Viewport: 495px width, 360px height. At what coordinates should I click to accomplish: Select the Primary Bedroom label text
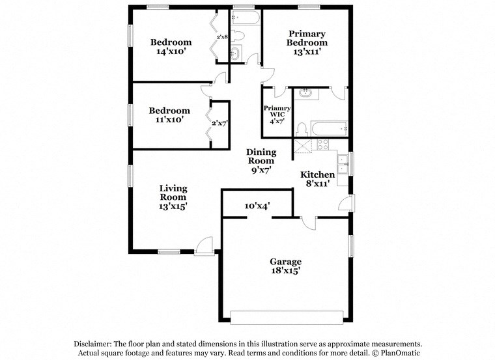(307, 38)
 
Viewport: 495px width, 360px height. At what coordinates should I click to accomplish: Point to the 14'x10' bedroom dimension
(171, 52)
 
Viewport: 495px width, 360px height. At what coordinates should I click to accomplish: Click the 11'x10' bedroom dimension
(169, 120)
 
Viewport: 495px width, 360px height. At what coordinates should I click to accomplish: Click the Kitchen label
(317, 174)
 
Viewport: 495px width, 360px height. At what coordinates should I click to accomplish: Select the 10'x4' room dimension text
(257, 206)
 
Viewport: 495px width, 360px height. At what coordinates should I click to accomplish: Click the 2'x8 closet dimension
(222, 37)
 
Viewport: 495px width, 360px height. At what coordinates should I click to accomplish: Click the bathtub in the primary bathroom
(330, 129)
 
